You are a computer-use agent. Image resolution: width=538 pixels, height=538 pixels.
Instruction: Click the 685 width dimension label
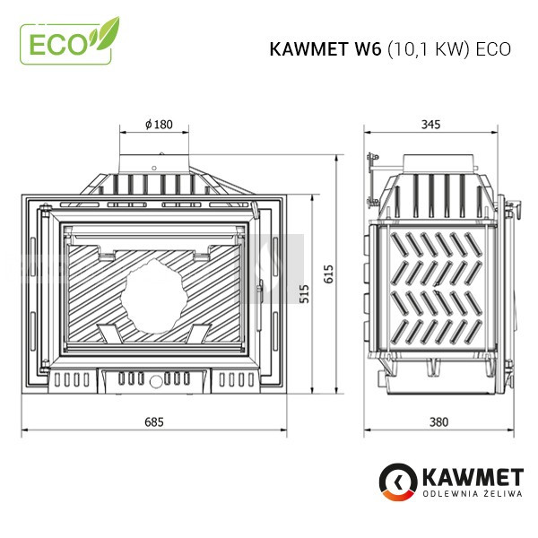pos(154,421)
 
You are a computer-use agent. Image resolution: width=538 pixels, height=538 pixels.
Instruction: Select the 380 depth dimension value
pos(438,421)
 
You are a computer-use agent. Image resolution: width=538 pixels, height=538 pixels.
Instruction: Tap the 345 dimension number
pos(430,125)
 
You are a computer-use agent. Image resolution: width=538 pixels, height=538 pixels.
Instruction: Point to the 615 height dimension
pos(328,273)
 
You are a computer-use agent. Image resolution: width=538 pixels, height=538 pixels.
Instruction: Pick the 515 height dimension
pos(304,293)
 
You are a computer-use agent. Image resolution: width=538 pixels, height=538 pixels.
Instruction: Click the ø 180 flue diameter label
pos(159,125)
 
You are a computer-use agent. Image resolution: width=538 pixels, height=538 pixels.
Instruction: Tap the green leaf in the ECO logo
pos(105,34)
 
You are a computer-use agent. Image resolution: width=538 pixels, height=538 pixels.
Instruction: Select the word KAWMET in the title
pos(308,49)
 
